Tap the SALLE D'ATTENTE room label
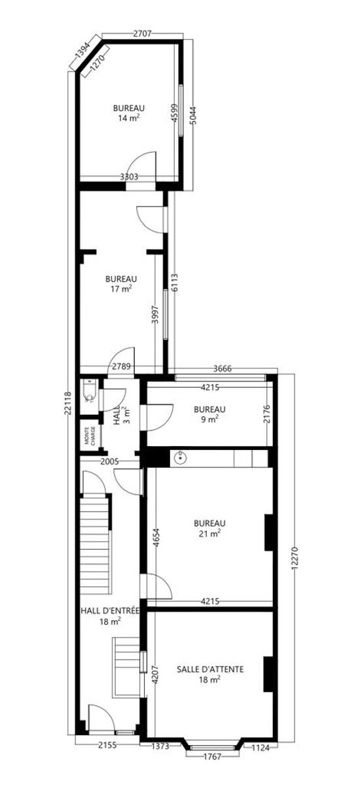tap(210, 669)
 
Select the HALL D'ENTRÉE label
tap(110, 611)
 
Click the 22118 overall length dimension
tap(68, 403)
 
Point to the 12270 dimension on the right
tap(295, 558)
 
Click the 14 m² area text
tap(129, 118)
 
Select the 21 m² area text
tap(209, 534)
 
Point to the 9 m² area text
tap(210, 419)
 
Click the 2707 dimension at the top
tap(142, 33)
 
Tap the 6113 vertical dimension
tap(175, 283)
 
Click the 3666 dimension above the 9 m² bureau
tap(223, 368)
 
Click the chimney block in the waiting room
tap(268, 674)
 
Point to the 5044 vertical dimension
tap(194, 115)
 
